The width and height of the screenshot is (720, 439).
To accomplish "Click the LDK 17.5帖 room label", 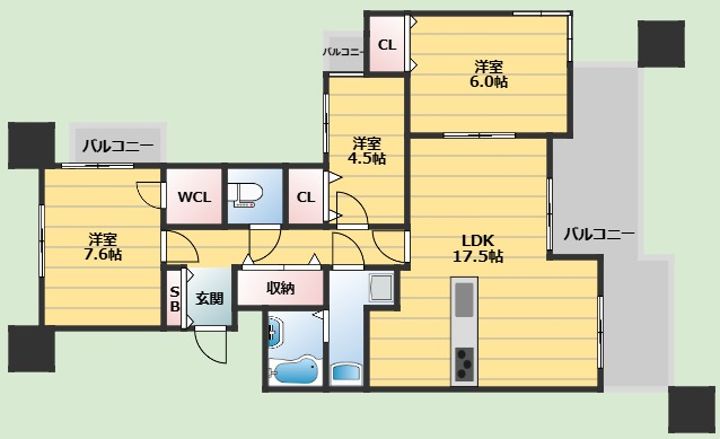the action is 478,248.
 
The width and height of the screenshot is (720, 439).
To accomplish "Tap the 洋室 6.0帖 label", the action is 490,74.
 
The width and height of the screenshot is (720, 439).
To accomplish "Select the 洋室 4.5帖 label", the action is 368,151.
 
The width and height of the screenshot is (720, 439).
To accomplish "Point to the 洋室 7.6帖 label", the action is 103,247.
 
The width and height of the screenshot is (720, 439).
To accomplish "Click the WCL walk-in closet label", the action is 194,197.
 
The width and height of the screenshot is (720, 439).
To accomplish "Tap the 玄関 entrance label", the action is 209,298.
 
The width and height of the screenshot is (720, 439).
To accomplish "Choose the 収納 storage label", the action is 280,288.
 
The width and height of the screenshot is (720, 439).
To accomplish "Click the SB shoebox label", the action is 174,299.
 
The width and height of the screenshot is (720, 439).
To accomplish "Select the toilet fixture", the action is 245,195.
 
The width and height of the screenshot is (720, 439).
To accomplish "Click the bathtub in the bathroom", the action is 294,369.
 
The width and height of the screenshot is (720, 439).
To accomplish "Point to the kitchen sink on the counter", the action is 464,299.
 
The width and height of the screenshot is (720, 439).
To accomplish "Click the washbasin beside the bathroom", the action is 346,372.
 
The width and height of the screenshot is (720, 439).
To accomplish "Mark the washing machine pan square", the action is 381,288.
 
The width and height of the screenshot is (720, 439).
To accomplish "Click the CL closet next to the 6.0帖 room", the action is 387,45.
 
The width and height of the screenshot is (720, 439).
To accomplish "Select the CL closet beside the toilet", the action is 306,197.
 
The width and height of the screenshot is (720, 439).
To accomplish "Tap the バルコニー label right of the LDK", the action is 599,234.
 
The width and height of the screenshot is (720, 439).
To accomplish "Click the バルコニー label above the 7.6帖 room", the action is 118,146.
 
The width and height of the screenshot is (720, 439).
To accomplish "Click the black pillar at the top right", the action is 661,44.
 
